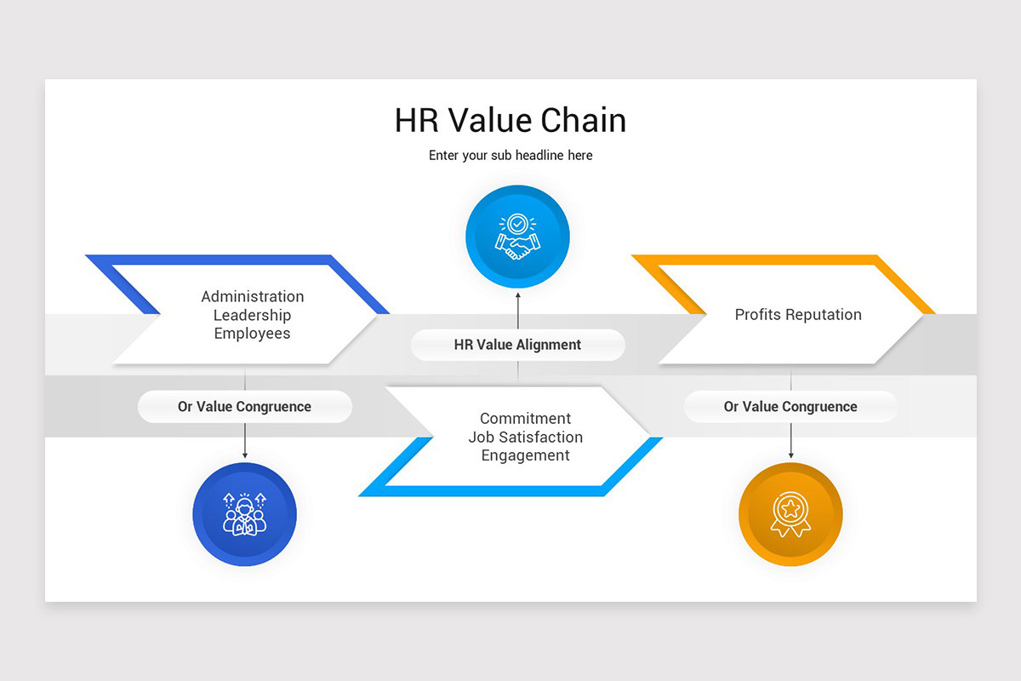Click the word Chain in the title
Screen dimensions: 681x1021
(x=582, y=120)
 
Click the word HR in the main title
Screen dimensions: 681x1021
(x=416, y=120)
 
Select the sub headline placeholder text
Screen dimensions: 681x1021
(x=510, y=156)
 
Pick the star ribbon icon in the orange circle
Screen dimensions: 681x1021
(x=790, y=515)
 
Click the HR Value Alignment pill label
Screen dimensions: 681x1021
(x=517, y=345)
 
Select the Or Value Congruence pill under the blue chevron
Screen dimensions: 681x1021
(x=244, y=407)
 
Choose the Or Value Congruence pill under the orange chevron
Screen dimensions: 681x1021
(x=790, y=407)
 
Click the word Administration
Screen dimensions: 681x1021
(x=252, y=296)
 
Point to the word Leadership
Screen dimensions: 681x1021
(x=252, y=315)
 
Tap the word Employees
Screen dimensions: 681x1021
(x=252, y=334)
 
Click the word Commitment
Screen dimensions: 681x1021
(x=525, y=418)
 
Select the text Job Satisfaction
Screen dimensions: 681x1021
(x=525, y=437)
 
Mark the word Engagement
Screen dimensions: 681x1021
(x=525, y=455)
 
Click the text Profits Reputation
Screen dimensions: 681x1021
(x=798, y=315)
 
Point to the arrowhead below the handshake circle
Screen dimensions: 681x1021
(x=517, y=295)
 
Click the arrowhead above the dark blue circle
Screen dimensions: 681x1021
(x=245, y=456)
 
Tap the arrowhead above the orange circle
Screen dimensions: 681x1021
(x=791, y=456)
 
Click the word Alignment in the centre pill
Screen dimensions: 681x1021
(x=550, y=345)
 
